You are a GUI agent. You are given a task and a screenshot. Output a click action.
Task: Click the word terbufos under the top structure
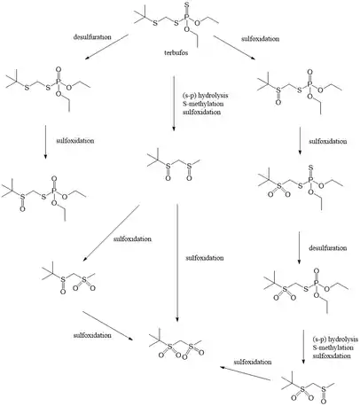click(x=176, y=53)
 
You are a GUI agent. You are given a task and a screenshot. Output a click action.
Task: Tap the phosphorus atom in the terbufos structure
click(x=186, y=18)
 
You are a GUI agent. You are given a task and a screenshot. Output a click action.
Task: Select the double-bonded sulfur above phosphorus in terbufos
click(x=186, y=4)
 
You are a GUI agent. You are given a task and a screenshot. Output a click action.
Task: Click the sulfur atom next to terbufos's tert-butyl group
click(x=155, y=23)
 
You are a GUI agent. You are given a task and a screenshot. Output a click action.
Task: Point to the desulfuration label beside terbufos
click(x=92, y=37)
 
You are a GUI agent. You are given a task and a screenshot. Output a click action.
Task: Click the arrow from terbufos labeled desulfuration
click(x=106, y=47)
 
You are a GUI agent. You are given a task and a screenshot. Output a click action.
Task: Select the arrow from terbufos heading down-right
click(x=234, y=48)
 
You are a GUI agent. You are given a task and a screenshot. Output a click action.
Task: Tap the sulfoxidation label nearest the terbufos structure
click(x=260, y=39)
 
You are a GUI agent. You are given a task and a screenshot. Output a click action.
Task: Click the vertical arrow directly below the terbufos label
click(x=174, y=104)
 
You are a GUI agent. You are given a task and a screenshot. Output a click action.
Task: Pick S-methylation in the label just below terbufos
click(x=203, y=104)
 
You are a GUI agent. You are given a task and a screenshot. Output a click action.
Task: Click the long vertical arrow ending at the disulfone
click(x=177, y=262)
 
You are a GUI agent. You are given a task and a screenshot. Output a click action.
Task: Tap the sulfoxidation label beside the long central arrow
click(x=205, y=258)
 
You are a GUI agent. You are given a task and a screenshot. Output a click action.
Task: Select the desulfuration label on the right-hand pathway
click(x=328, y=248)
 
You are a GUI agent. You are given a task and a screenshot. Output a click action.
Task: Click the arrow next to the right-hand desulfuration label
click(x=299, y=247)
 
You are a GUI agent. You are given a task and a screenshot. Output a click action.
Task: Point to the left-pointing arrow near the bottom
click(x=246, y=373)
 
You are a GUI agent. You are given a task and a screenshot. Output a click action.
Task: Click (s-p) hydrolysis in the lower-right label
click(x=335, y=340)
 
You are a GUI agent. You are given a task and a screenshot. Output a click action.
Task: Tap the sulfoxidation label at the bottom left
click(x=92, y=335)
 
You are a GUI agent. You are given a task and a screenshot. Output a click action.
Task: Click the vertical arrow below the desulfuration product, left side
click(x=45, y=142)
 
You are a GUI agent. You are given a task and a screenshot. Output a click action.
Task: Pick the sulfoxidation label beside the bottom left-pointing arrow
click(x=253, y=362)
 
